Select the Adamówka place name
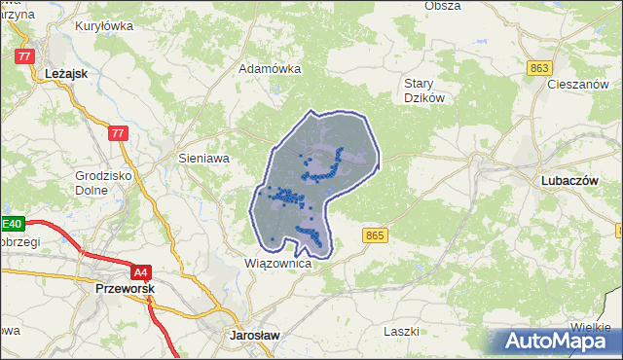(271, 69)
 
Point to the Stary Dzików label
(425, 90)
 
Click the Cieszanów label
(584, 85)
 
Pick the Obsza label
(443, 6)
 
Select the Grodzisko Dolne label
(101, 183)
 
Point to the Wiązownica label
(277, 264)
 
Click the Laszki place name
(401, 331)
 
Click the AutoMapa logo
(558, 342)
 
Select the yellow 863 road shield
(541, 67)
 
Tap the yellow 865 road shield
(376, 235)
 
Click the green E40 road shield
(12, 223)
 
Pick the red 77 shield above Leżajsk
(24, 56)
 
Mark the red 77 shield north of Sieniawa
(119, 133)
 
